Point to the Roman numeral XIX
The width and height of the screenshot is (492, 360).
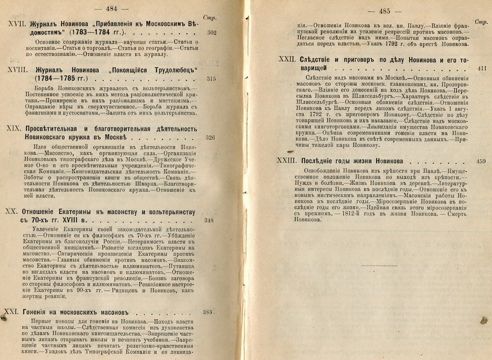(12, 130)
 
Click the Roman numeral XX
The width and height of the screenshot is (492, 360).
(11, 211)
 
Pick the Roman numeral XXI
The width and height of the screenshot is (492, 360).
(12, 311)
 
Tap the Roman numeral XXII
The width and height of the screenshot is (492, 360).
(286, 59)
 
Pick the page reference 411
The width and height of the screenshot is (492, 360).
(481, 68)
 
